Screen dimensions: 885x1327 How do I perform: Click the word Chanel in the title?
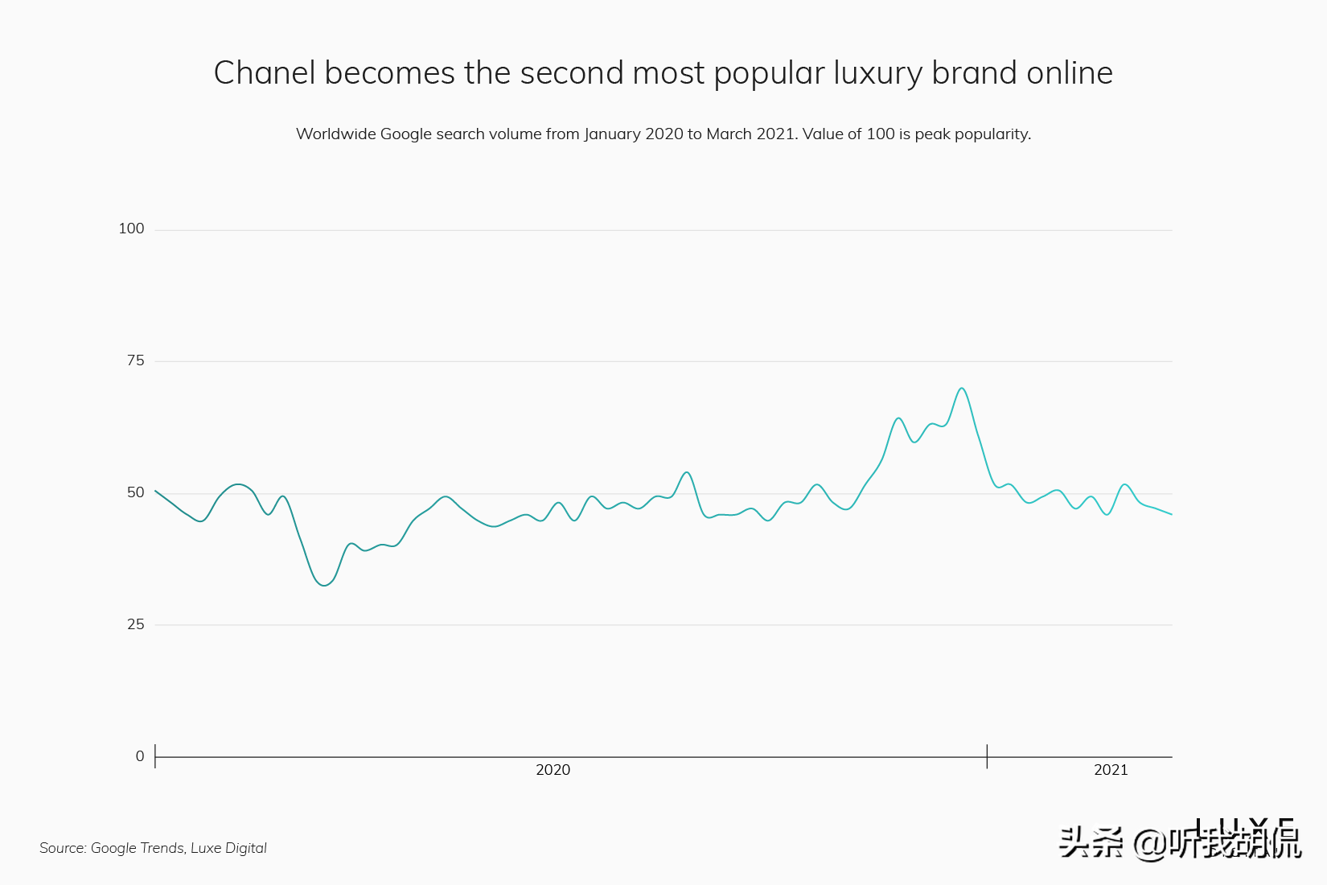pyautogui.click(x=264, y=73)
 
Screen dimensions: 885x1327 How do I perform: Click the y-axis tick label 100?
pyautogui.click(x=131, y=228)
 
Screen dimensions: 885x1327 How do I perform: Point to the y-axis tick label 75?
pyautogui.click(x=135, y=360)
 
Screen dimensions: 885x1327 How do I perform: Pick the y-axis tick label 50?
pyautogui.click(x=135, y=492)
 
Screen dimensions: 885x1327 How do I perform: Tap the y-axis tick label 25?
pyautogui.click(x=135, y=624)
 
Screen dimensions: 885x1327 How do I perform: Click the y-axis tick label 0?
pyautogui.click(x=140, y=756)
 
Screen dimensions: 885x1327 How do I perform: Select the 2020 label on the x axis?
pyautogui.click(x=553, y=770)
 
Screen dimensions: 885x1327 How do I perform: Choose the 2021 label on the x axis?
pyautogui.click(x=1111, y=770)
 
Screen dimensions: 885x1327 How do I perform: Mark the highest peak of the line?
pyautogui.click(x=961, y=389)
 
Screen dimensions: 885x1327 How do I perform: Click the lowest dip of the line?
pyautogui.click(x=323, y=586)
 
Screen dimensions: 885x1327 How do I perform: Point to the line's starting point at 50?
pyautogui.click(x=155, y=491)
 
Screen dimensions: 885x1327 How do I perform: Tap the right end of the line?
pyautogui.click(x=1171, y=514)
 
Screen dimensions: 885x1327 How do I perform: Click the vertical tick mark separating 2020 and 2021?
pyautogui.click(x=987, y=756)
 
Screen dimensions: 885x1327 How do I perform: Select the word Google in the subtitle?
pyautogui.click(x=405, y=134)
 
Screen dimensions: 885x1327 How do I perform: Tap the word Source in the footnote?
pyautogui.click(x=62, y=848)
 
